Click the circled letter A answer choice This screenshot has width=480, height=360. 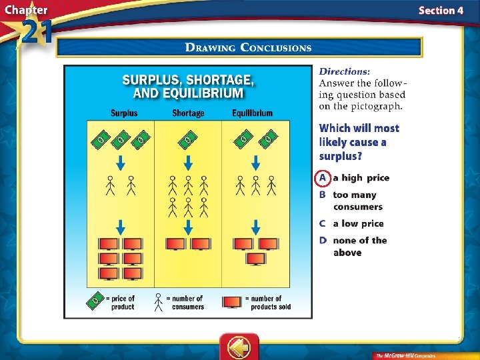pyautogui.click(x=323, y=178)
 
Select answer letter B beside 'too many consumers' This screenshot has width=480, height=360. pyautogui.click(x=323, y=195)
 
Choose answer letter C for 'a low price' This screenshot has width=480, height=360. pyautogui.click(x=323, y=224)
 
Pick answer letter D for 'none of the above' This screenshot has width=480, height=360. pyautogui.click(x=323, y=241)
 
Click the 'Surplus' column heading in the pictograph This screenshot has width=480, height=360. pyautogui.click(x=123, y=113)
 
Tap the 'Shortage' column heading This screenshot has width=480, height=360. pyautogui.click(x=188, y=113)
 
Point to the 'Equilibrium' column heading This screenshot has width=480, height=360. pyautogui.click(x=253, y=113)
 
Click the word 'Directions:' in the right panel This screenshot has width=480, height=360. pyautogui.click(x=345, y=71)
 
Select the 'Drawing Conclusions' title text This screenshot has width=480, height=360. pyautogui.click(x=248, y=47)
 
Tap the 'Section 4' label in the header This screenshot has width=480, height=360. pyautogui.click(x=441, y=10)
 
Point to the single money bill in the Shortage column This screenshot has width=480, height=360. pyautogui.click(x=189, y=139)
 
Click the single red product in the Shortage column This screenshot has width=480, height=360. pyautogui.click(x=176, y=244)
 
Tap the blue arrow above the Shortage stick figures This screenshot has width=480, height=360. pyautogui.click(x=188, y=162)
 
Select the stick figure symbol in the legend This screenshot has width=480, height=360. pyautogui.click(x=158, y=302)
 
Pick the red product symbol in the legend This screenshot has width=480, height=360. pyautogui.click(x=232, y=302)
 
